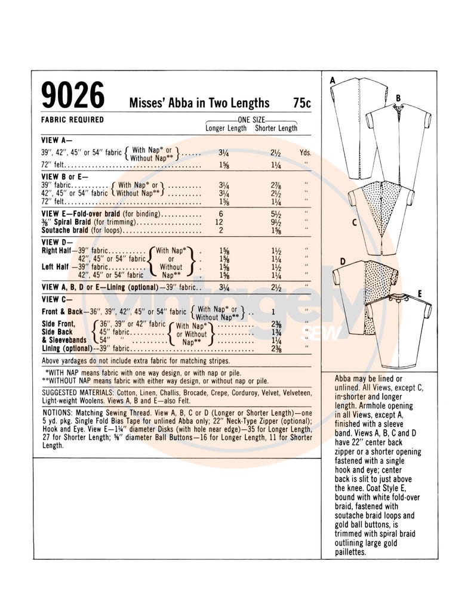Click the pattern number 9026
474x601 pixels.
(x=73, y=95)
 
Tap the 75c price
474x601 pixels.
(x=301, y=103)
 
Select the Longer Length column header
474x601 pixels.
(x=226, y=128)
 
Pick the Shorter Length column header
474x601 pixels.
(x=276, y=128)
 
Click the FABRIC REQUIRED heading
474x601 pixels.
(x=73, y=120)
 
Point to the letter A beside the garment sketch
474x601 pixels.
(x=333, y=80)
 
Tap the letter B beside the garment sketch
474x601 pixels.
(x=398, y=98)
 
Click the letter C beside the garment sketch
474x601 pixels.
(x=354, y=223)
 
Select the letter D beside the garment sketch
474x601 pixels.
(x=343, y=261)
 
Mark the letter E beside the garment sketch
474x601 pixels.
(x=420, y=294)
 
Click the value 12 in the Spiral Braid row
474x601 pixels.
(x=219, y=222)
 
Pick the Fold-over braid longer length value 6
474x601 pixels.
(x=221, y=213)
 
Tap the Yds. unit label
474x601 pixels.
(x=305, y=153)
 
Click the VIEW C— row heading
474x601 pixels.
(x=57, y=299)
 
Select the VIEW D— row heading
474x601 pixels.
(x=57, y=242)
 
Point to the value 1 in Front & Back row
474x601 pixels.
(x=273, y=312)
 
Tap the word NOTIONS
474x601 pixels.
(x=57, y=413)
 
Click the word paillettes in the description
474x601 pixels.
(x=350, y=552)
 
